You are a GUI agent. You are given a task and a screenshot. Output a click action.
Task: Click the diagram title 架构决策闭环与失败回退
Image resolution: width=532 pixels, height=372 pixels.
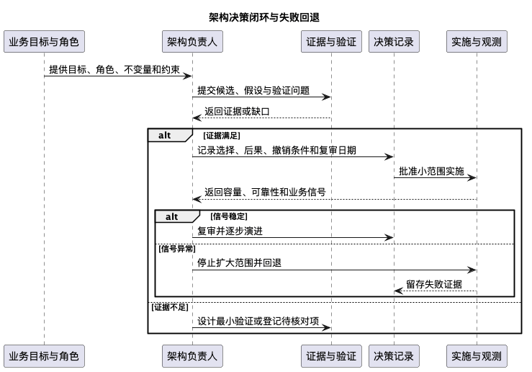264,17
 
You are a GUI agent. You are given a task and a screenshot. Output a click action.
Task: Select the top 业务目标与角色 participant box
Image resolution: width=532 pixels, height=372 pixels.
44,41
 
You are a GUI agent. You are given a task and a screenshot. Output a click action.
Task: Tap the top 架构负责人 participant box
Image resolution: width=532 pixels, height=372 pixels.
192,41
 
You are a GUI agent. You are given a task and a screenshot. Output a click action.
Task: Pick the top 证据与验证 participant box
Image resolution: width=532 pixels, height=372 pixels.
331,41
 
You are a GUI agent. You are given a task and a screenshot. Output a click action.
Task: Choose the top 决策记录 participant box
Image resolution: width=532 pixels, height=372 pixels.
394,41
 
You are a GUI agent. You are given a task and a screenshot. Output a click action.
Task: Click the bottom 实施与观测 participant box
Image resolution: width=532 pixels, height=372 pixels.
477,356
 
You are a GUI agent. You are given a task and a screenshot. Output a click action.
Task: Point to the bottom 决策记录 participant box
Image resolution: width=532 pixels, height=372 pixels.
394,356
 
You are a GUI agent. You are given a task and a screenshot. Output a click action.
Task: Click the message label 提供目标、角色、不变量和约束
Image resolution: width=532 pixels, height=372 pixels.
114,70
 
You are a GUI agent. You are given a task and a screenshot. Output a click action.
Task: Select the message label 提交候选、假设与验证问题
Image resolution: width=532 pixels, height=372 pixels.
253,90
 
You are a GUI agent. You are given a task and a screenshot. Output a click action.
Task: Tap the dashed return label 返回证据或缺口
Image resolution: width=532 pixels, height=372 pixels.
237,112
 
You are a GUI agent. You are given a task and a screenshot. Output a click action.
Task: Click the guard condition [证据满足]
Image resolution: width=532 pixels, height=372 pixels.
222,136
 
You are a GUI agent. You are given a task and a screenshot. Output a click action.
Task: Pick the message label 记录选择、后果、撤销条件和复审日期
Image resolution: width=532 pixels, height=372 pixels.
277,150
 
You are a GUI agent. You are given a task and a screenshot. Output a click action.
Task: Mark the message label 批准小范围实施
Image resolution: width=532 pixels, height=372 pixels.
431,172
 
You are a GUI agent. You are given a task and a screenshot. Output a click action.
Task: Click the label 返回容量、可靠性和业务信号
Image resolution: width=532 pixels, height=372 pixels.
265,192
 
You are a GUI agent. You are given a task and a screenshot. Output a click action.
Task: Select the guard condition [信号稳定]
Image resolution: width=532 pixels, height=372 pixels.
229,216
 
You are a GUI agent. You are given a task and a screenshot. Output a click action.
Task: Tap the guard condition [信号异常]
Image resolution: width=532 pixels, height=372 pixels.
177,249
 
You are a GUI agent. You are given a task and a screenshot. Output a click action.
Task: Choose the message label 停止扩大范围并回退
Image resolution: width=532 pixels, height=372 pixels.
239,263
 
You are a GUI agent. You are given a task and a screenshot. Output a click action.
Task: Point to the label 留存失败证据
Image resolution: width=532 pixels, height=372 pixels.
434,284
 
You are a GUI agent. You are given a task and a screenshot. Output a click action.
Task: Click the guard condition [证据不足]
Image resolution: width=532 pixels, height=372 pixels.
170,307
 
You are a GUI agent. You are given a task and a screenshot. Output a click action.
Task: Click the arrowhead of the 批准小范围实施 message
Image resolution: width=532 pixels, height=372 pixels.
472,177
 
